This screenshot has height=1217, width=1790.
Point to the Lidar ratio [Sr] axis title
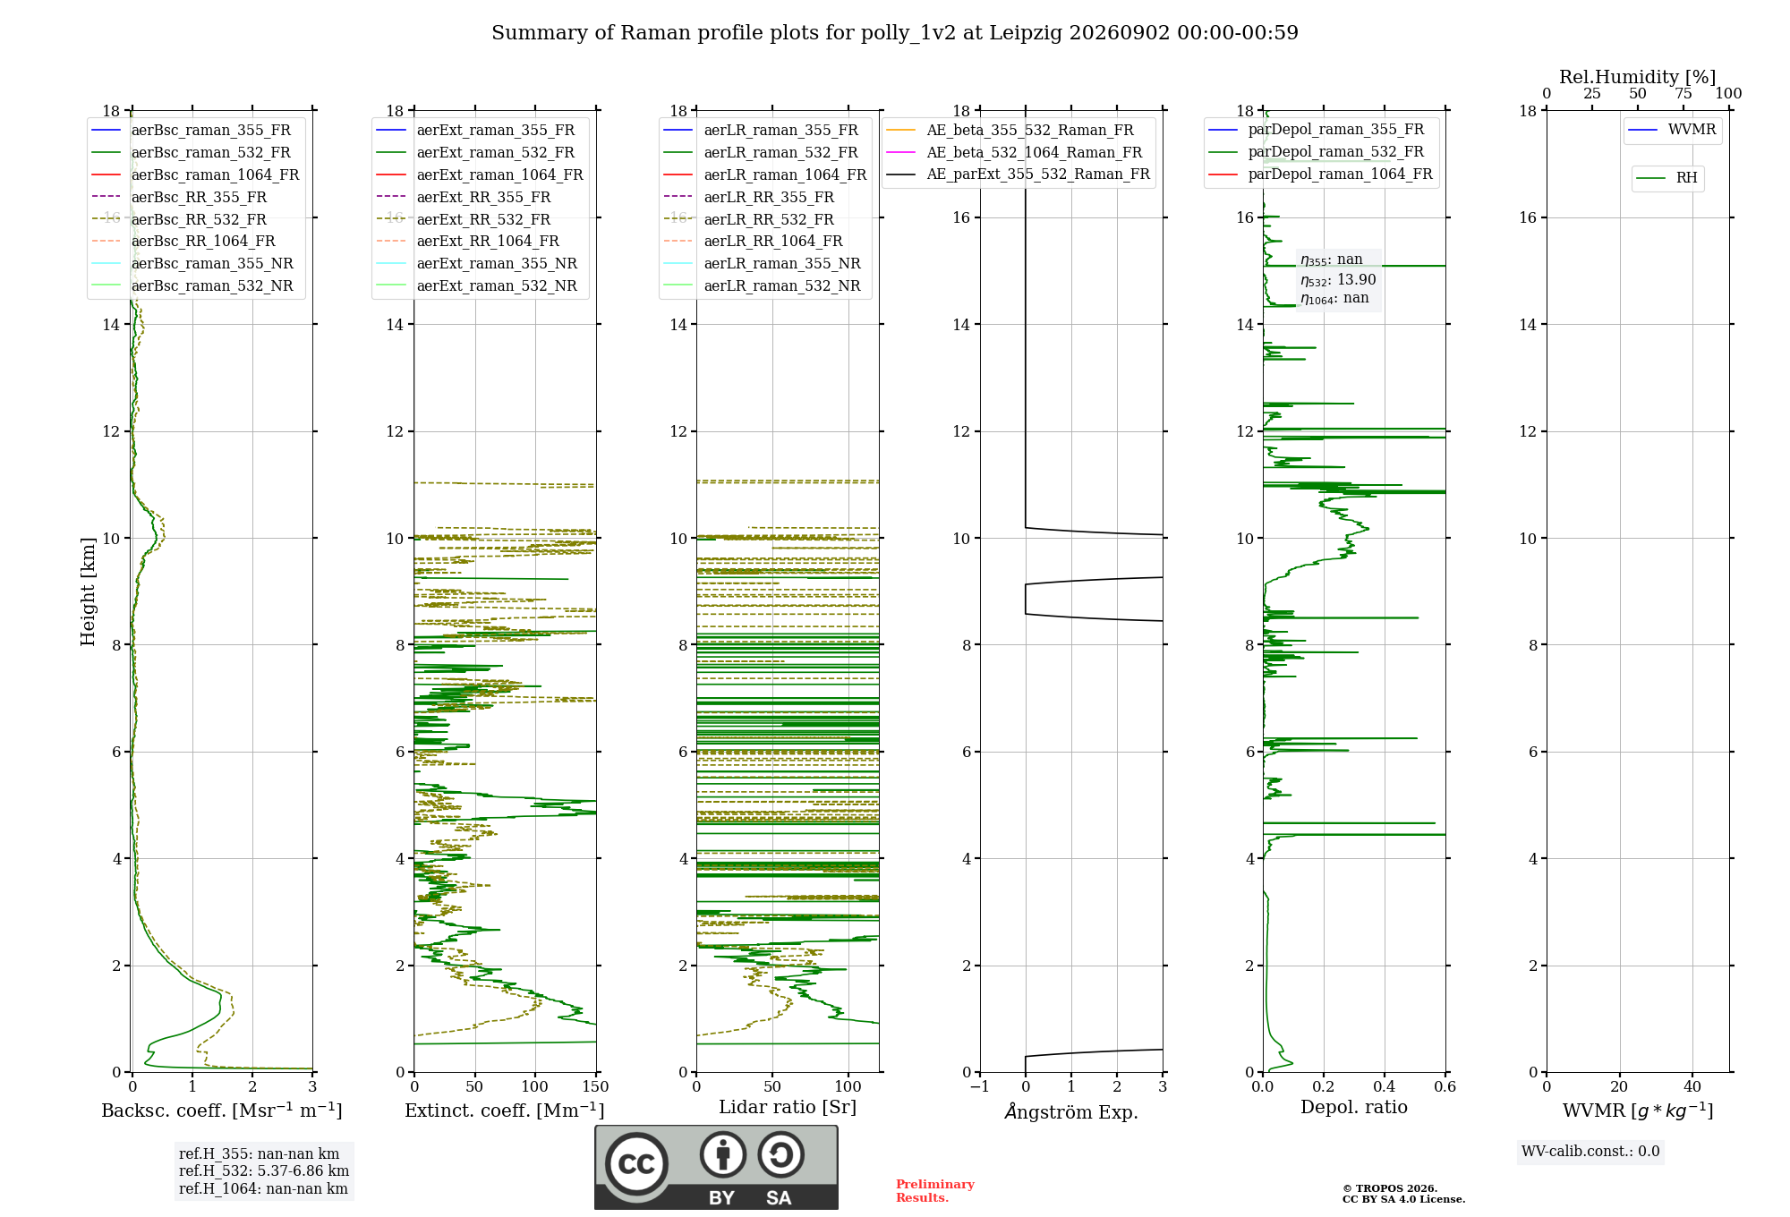pyautogui.click(x=788, y=1108)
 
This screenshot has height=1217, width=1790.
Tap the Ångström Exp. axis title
pyautogui.click(x=1071, y=1111)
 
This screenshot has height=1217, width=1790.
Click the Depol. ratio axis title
pyautogui.click(x=1354, y=1108)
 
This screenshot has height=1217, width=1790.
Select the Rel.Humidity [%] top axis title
pyautogui.click(x=1638, y=77)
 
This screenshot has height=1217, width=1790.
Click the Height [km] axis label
pyautogui.click(x=88, y=591)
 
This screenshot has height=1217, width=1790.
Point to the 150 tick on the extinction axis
pyautogui.click(x=596, y=1087)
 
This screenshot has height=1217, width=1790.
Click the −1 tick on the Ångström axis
pyautogui.click(x=979, y=1087)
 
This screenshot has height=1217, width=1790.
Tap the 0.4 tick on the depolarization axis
pyautogui.click(x=1385, y=1087)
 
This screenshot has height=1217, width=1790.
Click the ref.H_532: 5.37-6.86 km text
pyautogui.click(x=264, y=1171)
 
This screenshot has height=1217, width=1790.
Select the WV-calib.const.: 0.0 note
pyautogui.click(x=1590, y=1152)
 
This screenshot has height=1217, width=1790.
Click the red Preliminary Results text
pyautogui.click(x=935, y=1191)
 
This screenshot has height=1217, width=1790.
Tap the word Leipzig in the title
pyautogui.click(x=1026, y=33)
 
